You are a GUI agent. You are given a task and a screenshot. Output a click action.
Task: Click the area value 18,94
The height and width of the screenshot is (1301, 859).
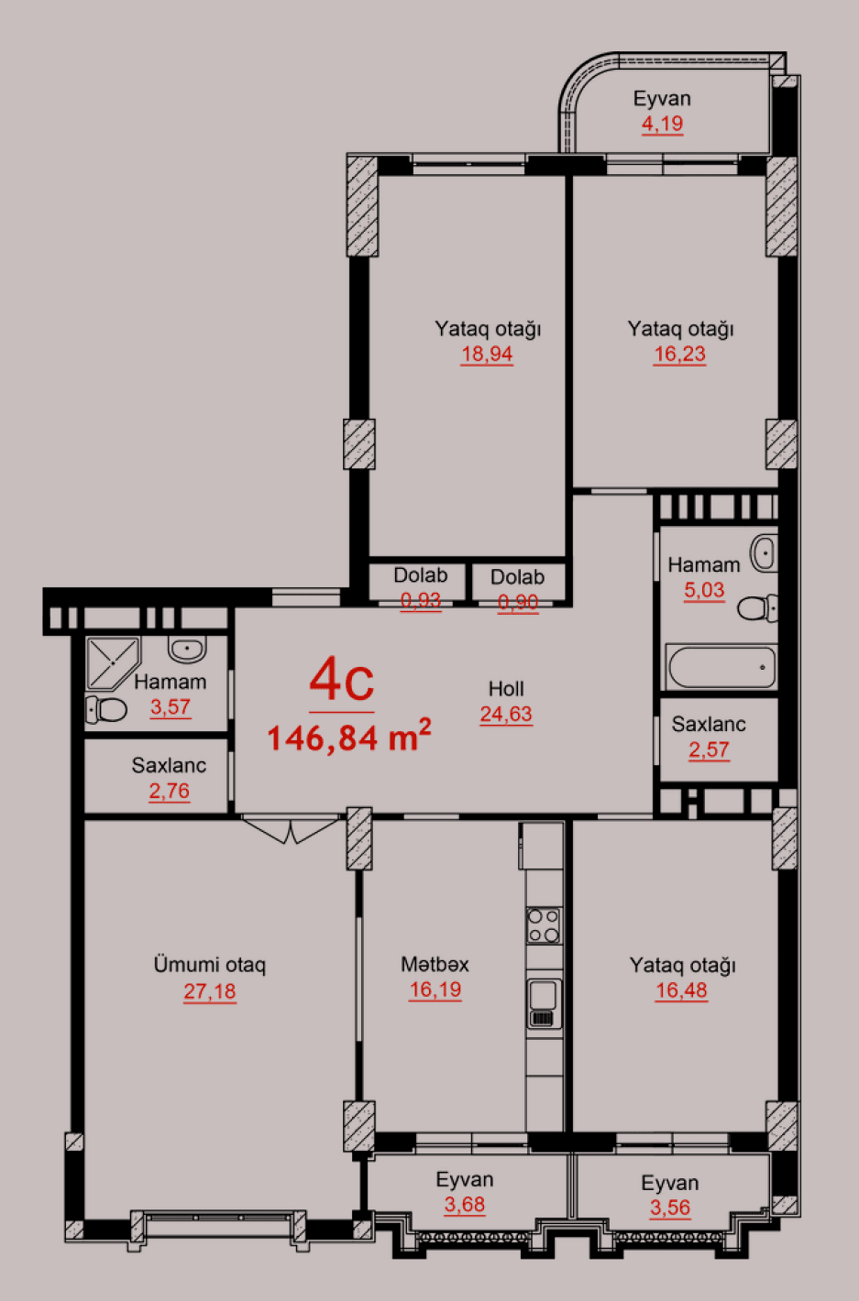(x=487, y=355)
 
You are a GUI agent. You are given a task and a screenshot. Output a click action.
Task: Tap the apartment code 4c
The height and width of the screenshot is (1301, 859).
(x=341, y=680)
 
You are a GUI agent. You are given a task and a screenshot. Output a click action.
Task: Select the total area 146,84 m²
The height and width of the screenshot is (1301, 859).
(x=348, y=737)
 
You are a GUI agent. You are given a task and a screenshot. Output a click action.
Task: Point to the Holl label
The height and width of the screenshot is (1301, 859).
(x=506, y=689)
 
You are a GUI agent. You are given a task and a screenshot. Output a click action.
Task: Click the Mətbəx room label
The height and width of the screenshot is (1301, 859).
(x=435, y=965)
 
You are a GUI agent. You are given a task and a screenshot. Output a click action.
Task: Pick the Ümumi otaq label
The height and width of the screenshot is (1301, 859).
(x=209, y=965)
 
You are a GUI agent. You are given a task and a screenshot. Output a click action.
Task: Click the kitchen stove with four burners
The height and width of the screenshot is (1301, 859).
(x=544, y=925)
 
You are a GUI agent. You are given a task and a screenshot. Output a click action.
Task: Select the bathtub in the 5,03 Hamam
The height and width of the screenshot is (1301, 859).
(x=721, y=666)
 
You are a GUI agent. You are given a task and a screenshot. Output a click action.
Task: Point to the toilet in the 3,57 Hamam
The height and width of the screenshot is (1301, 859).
(x=106, y=709)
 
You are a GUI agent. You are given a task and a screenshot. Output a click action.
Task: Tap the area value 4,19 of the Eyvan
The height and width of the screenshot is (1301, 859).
(x=662, y=124)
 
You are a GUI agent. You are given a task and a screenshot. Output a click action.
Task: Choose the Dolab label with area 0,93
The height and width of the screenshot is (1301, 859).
(x=421, y=575)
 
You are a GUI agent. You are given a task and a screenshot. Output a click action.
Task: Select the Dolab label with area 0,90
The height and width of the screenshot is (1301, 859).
(x=517, y=577)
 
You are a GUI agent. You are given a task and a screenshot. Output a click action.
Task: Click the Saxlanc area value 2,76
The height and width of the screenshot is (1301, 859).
(x=170, y=791)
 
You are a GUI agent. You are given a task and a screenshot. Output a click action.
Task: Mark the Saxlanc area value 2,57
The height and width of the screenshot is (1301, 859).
(x=709, y=749)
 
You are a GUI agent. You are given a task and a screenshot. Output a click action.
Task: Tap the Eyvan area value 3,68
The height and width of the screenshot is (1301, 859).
(x=464, y=1205)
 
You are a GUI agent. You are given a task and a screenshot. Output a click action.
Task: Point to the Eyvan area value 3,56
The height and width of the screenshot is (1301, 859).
(x=670, y=1208)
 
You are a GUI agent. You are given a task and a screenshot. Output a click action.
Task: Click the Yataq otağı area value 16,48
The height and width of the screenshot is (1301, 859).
(x=681, y=990)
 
